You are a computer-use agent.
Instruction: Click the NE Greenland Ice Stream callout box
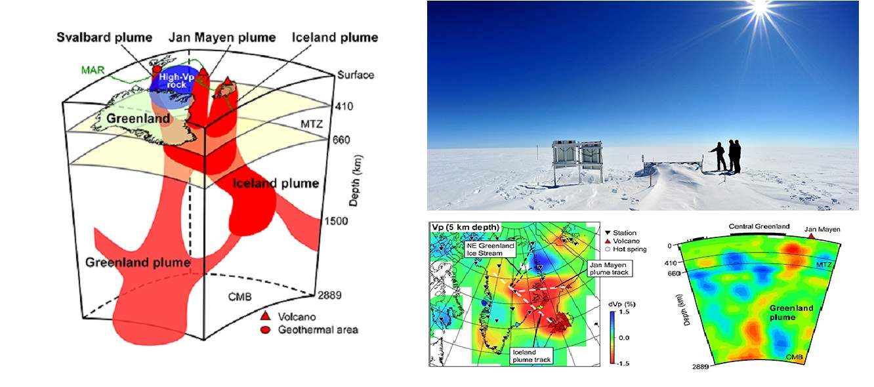489,249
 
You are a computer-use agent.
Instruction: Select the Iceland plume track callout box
531,355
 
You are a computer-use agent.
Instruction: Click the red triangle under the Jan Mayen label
812,236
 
